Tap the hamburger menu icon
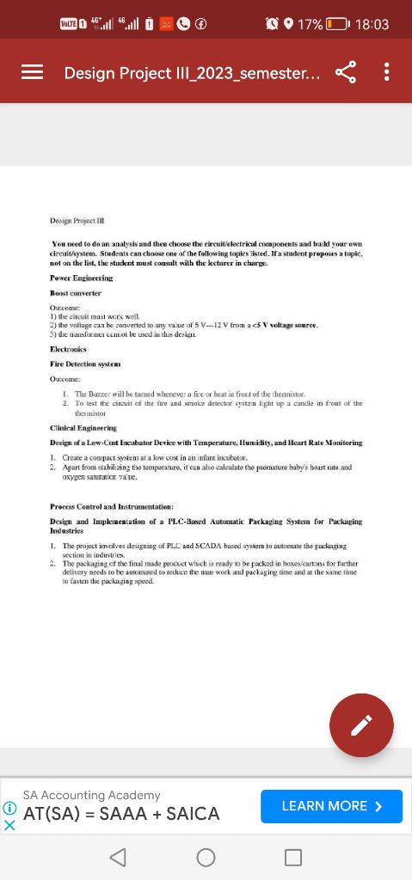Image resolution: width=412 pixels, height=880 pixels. pos(32,72)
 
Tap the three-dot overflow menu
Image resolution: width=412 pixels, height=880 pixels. pos(386,72)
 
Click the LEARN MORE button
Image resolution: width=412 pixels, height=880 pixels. pos(331,806)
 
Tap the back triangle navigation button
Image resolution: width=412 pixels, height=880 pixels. pos(120,856)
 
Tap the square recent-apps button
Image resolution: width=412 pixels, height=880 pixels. pos(292,856)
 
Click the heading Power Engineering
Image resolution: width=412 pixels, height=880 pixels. pos(81,278)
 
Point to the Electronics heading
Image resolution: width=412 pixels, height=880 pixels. pos(71,350)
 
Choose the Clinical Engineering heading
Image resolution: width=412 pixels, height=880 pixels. pos(83,427)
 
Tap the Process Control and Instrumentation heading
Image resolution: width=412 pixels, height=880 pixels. pos(112,507)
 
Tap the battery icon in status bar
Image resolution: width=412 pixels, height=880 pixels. pos(337,24)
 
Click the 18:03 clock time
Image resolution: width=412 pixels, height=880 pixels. pos(372,24)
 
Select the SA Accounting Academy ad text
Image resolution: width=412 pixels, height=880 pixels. pos(91,795)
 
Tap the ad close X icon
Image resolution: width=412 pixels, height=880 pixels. pos(9,824)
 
